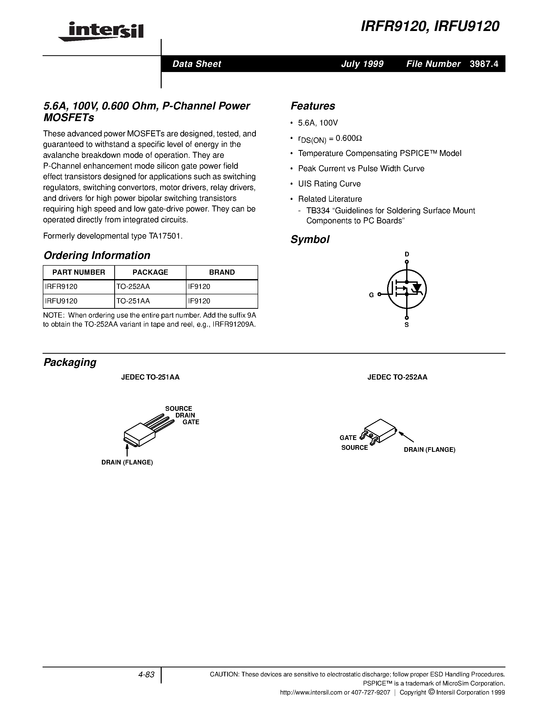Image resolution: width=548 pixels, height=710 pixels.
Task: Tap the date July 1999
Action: click(362, 64)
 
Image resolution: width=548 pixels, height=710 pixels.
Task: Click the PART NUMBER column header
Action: click(79, 272)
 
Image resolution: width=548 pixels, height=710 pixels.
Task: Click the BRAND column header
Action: click(222, 272)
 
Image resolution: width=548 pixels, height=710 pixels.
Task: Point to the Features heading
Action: click(313, 106)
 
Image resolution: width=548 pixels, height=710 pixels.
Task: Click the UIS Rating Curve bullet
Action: click(329, 184)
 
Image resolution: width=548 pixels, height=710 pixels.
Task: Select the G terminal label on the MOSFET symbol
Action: click(371, 295)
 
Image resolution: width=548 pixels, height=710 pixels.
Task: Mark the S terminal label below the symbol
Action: click(406, 325)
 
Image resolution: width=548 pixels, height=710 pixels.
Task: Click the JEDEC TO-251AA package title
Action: click(150, 377)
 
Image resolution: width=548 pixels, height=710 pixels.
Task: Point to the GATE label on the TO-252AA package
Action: click(348, 438)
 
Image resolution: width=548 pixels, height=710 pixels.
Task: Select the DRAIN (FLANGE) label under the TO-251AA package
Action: click(127, 462)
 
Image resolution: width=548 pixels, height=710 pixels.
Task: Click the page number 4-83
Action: click(146, 675)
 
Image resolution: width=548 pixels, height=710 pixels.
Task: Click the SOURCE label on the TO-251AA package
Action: click(178, 409)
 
